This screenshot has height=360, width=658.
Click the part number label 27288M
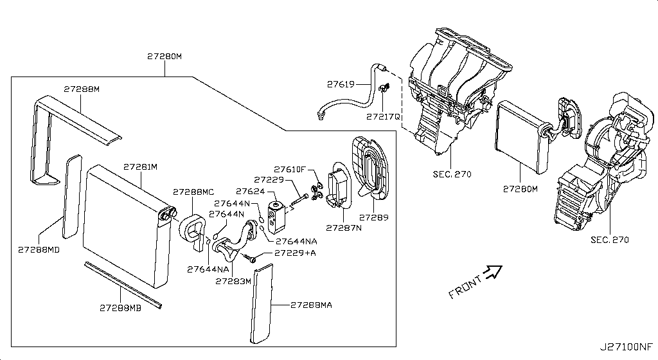(82, 89)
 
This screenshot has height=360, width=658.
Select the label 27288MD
(39, 249)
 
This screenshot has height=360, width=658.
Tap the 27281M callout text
(141, 167)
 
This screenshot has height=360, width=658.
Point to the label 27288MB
(120, 309)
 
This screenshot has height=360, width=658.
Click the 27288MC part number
(193, 192)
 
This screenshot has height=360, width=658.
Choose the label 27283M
(233, 281)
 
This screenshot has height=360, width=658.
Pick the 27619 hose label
(341, 84)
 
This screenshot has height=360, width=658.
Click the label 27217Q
(384, 117)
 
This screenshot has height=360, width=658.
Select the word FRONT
(465, 287)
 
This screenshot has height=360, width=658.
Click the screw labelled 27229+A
(253, 259)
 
